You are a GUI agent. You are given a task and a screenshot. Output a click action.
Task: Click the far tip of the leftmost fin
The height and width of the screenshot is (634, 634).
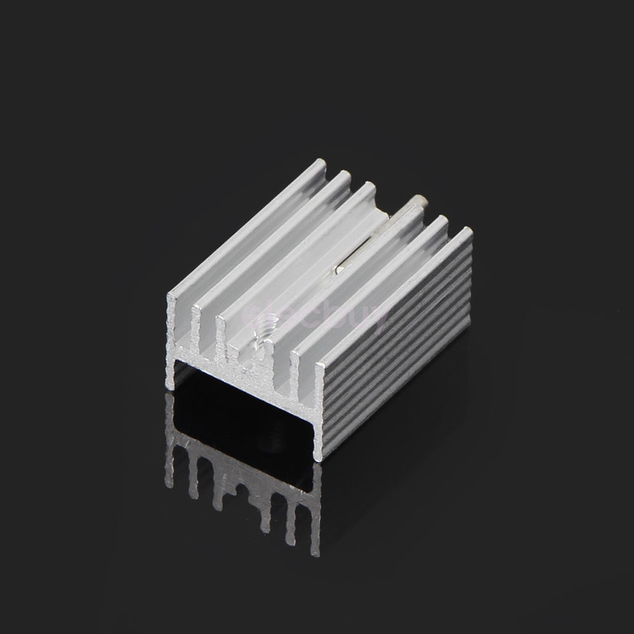[x=320, y=166]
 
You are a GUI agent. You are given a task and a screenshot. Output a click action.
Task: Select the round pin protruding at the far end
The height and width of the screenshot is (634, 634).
[x=419, y=202]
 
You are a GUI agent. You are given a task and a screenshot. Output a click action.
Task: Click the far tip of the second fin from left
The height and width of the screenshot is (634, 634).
[x=345, y=176]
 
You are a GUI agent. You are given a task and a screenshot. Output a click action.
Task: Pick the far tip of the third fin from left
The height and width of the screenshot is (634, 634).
[x=369, y=187]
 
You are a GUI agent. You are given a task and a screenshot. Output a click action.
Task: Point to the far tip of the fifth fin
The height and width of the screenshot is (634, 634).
[x=442, y=221]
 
